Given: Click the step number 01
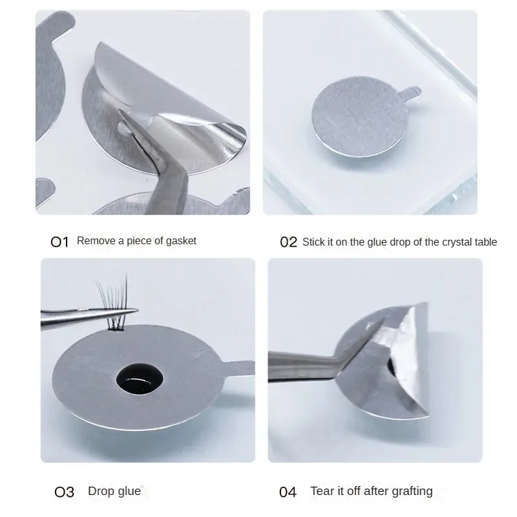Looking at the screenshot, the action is (x=59, y=242).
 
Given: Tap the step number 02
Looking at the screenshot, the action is (x=288, y=242).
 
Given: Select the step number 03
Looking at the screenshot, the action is (x=64, y=492).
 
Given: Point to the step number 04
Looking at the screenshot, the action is (x=288, y=492).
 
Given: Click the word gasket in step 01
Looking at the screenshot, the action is (x=181, y=241).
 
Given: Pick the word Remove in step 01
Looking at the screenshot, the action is (x=96, y=240).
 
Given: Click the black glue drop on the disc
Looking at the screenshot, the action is (x=140, y=379).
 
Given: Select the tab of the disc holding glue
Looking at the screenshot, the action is (x=239, y=368).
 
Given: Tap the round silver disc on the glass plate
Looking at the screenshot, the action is (x=360, y=116).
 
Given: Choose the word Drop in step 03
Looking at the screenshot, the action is (x=101, y=491).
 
